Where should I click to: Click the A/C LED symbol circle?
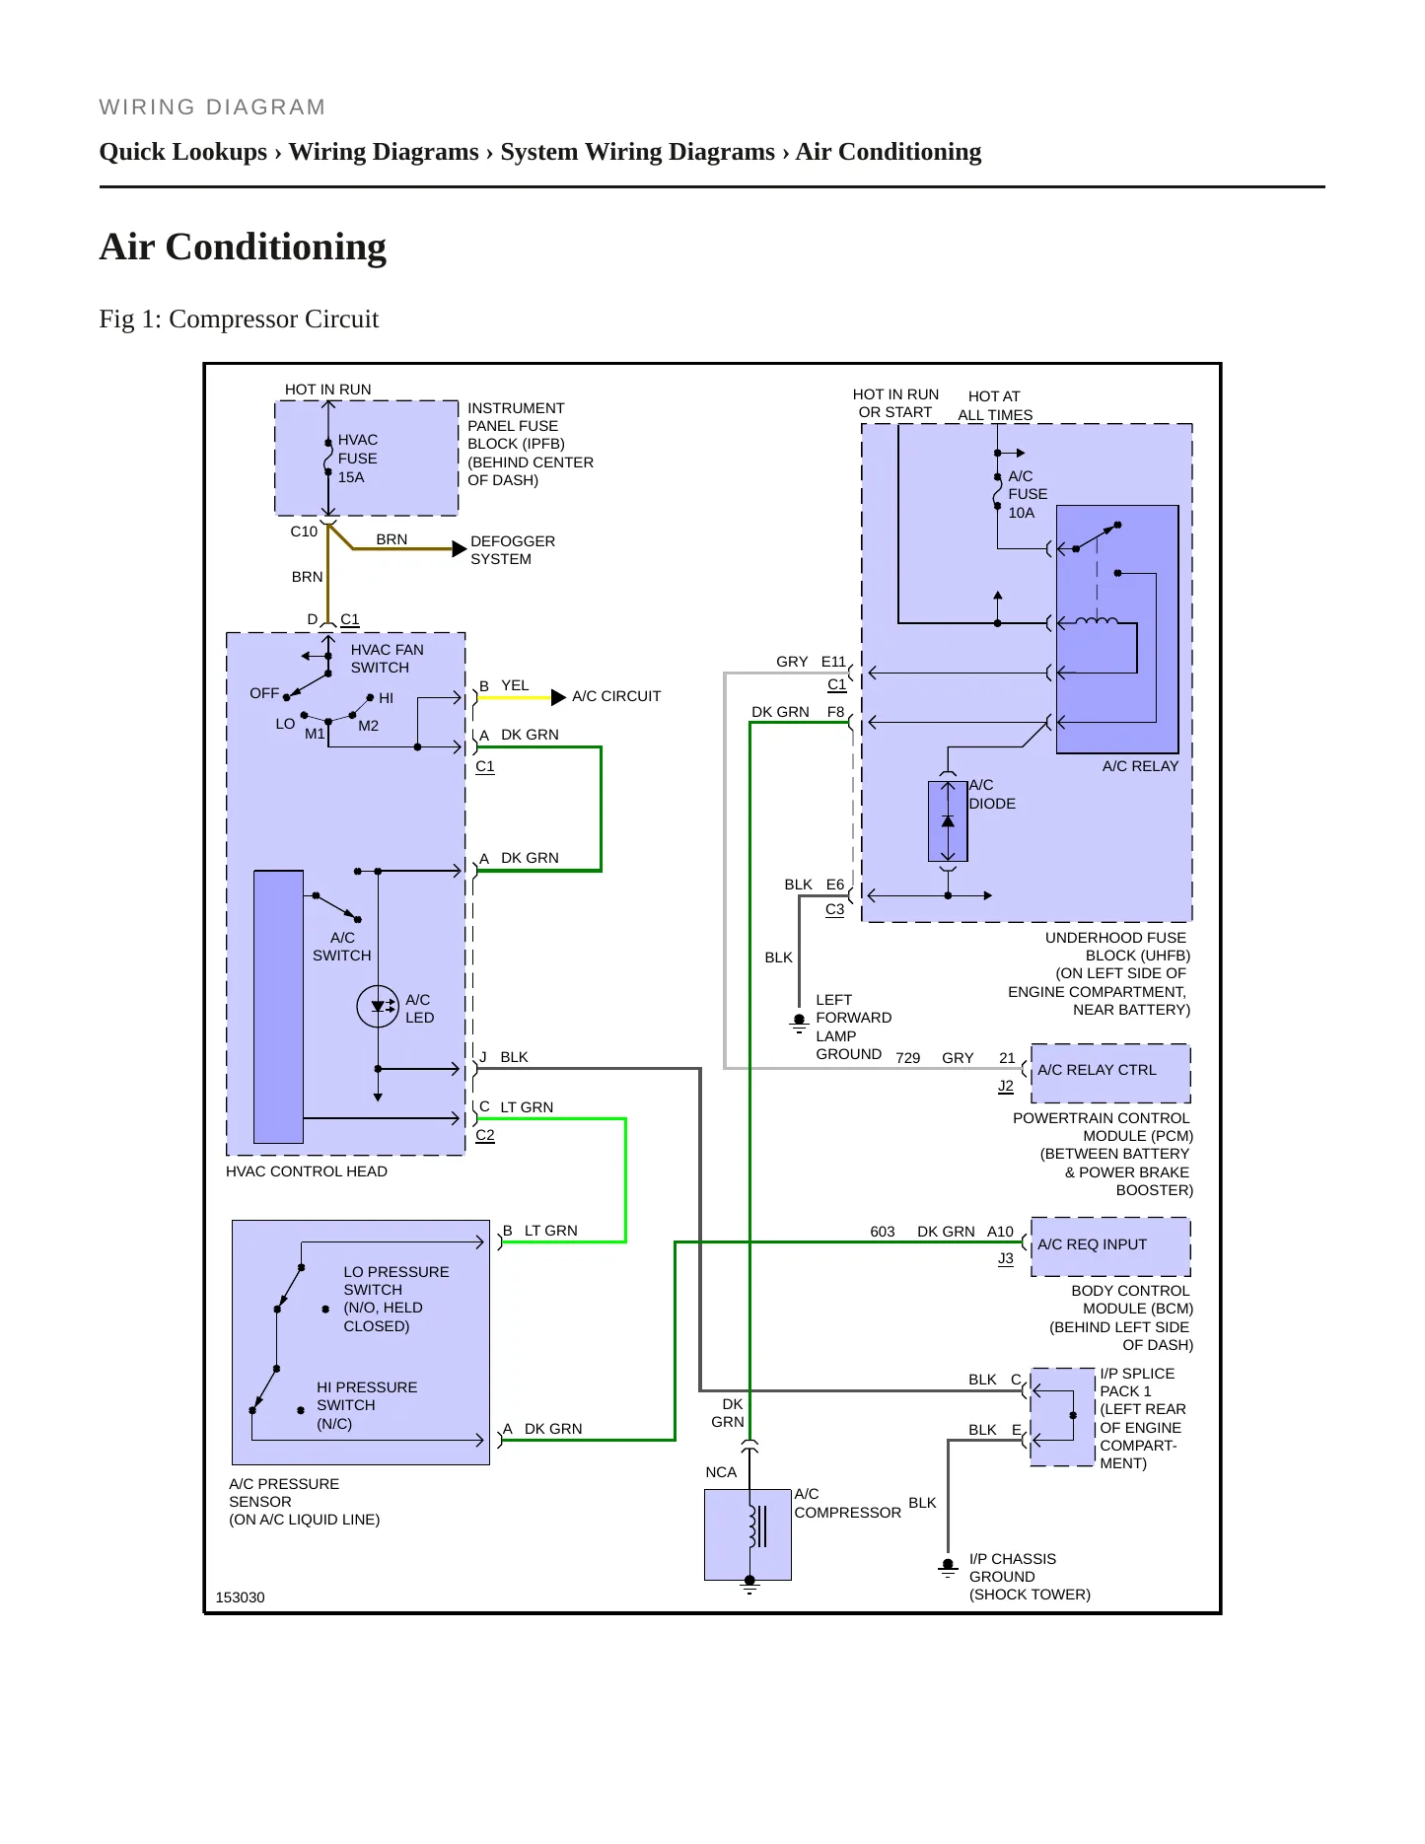(x=378, y=1007)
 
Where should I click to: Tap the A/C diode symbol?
(x=948, y=821)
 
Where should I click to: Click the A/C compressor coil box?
(x=748, y=1534)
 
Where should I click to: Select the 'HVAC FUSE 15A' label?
(x=358, y=459)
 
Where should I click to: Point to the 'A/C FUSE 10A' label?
(x=1028, y=494)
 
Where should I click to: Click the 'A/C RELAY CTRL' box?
(x=1110, y=1073)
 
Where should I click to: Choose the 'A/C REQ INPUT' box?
(x=1110, y=1246)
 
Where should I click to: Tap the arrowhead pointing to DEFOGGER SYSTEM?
(x=459, y=549)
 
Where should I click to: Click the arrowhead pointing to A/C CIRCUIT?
(x=558, y=697)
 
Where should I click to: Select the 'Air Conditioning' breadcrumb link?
(x=889, y=152)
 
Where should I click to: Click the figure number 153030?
(x=240, y=1597)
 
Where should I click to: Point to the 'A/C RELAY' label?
(x=1140, y=766)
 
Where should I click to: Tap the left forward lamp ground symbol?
(x=799, y=1023)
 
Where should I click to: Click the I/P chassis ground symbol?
(x=948, y=1567)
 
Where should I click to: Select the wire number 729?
(x=907, y=1058)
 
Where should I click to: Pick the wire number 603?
(x=883, y=1232)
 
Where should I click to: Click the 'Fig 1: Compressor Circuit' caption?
(x=239, y=319)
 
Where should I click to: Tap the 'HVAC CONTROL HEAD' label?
(x=307, y=1171)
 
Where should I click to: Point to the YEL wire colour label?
(x=515, y=685)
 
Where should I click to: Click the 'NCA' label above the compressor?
(x=721, y=1472)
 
